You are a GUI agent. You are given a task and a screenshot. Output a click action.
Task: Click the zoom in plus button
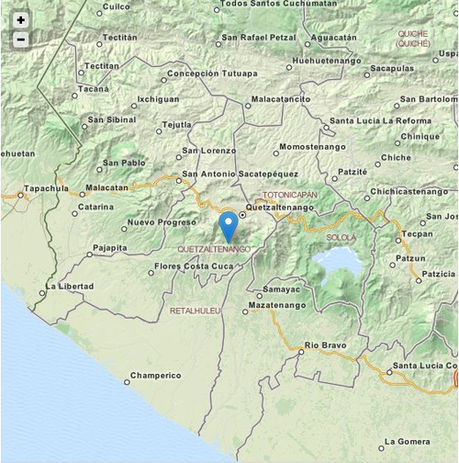tap(21, 20)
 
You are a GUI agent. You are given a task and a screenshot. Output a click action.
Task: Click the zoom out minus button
tap(21, 40)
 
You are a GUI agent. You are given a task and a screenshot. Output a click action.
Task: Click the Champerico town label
tap(155, 376)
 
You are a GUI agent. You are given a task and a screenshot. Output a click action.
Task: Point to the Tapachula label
tap(46, 188)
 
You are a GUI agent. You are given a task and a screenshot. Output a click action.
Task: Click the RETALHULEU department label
tap(196, 311)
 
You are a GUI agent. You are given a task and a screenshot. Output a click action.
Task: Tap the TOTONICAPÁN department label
tap(289, 196)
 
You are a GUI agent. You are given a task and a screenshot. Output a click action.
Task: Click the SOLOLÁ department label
tap(341, 237)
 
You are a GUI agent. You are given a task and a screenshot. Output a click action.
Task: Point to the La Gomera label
tap(408, 442)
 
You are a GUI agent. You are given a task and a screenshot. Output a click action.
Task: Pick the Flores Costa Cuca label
tap(195, 266)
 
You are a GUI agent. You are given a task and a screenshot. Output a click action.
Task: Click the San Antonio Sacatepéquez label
tap(241, 174)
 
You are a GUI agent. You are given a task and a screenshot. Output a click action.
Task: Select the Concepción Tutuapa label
tap(211, 73)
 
